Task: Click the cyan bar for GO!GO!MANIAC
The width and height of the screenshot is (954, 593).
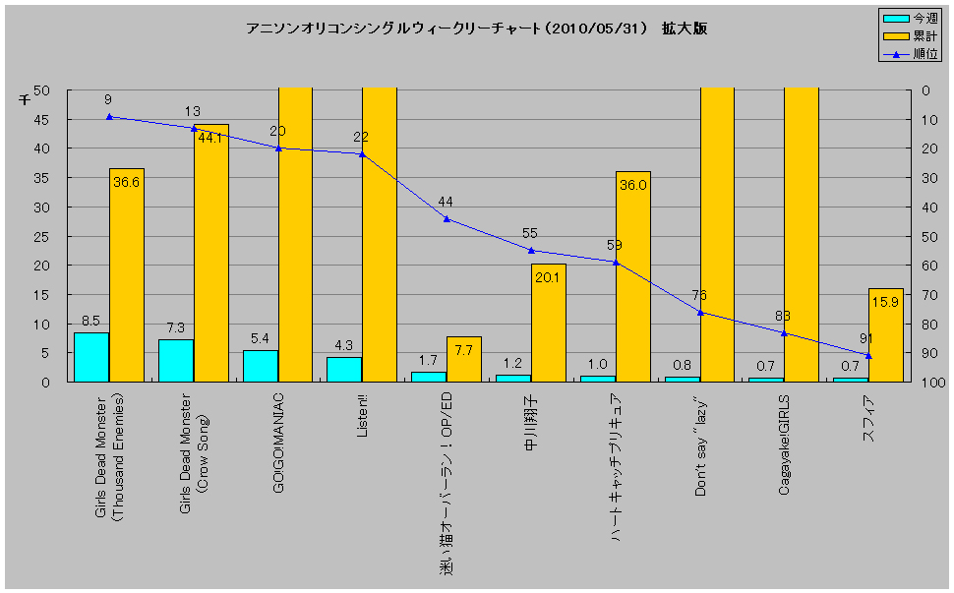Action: [260, 366]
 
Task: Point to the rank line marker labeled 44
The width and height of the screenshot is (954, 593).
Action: [447, 218]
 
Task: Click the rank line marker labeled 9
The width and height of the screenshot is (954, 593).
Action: [109, 116]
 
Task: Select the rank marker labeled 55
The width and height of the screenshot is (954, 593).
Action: [531, 250]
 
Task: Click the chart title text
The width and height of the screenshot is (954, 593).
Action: [476, 29]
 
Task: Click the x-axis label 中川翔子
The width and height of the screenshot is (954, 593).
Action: [531, 419]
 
